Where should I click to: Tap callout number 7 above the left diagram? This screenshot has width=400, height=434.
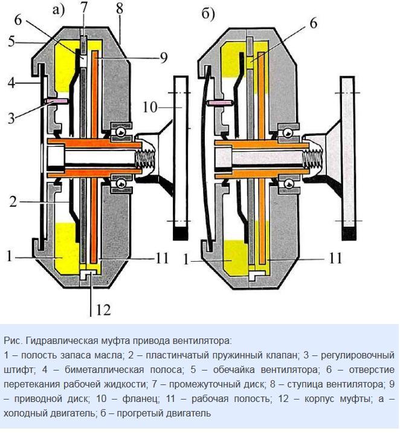pos(85,8)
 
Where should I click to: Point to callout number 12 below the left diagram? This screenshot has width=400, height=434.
pos(103,309)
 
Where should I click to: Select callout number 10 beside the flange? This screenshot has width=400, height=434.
pos(149,107)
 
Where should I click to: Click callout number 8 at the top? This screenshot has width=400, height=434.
pos(118,9)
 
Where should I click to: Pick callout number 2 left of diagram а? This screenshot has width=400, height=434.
pos(13,201)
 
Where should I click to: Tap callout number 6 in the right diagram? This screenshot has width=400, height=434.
pos(313,24)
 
